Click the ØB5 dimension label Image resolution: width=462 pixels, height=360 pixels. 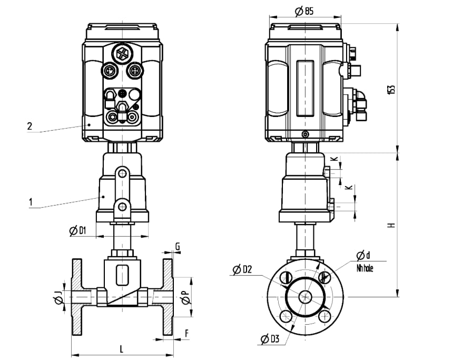304,12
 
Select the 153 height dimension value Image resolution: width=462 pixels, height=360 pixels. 391,90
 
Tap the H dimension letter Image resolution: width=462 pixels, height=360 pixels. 391,225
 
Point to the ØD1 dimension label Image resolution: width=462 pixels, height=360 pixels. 78,230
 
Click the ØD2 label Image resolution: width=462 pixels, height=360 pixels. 242,269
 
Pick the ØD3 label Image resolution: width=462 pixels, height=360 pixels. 270,339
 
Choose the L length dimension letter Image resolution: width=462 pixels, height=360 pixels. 121,349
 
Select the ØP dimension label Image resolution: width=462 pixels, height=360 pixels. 185,297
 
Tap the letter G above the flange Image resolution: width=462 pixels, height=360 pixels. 178,247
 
